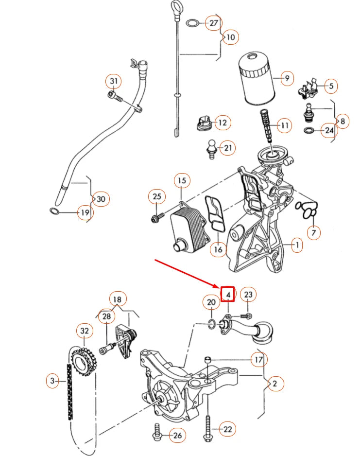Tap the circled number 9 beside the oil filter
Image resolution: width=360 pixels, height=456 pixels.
click(287, 78)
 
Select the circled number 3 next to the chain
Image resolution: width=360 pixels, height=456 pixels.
click(53, 381)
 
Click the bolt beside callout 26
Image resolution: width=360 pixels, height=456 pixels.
click(158, 433)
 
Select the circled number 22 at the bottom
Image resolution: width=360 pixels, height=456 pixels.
click(227, 429)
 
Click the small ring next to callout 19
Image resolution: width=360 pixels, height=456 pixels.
click(55, 211)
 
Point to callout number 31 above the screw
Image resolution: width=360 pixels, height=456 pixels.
click(114, 81)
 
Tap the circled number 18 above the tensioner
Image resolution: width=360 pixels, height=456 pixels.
click(117, 299)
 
